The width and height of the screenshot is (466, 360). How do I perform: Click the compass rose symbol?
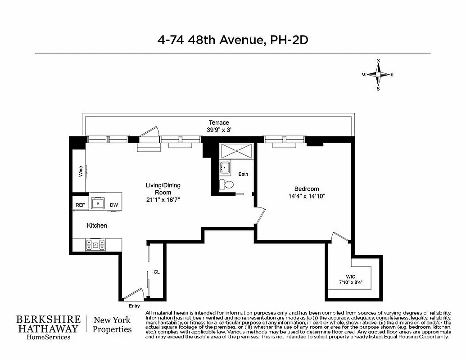point(378,75)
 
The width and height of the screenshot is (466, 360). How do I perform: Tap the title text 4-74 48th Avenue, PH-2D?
point(232,40)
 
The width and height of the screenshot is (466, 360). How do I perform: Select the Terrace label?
point(219,122)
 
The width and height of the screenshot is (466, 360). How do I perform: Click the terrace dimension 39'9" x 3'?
point(219,130)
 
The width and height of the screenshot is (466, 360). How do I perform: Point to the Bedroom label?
point(306,189)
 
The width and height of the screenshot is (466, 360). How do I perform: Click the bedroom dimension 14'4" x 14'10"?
point(306,196)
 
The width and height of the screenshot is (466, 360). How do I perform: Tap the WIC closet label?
point(351,276)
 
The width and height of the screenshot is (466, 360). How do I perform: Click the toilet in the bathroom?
point(228,184)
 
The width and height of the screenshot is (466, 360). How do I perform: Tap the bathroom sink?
point(225,168)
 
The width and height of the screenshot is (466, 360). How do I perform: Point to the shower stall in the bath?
point(236,151)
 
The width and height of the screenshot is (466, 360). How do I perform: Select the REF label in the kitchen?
point(80,205)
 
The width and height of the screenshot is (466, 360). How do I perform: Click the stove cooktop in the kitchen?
point(95,245)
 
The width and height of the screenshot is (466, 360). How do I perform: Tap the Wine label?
point(81,171)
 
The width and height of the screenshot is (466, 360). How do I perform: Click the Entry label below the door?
point(134,306)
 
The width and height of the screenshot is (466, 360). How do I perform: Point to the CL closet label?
point(157,272)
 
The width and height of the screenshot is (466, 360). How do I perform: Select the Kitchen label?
point(97,225)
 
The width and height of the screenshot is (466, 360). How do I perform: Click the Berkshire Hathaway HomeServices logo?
point(49,328)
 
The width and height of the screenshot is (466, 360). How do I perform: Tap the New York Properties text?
point(112,325)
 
